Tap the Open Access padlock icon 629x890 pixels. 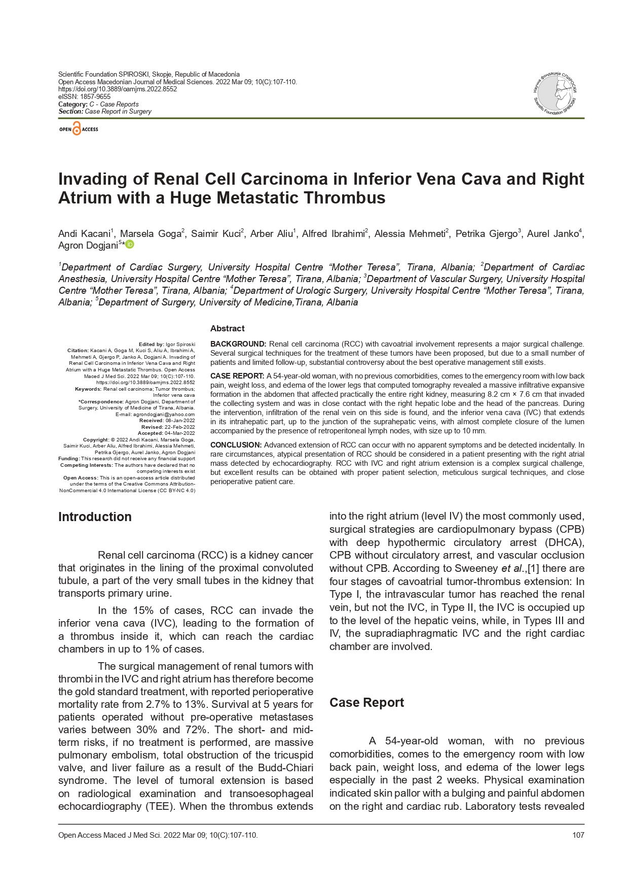[77, 129]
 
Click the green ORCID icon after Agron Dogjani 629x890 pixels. [130, 245]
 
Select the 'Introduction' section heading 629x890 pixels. [95, 517]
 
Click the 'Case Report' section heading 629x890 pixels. [366, 702]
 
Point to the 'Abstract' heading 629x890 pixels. [227, 328]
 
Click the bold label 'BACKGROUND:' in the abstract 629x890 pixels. [238, 344]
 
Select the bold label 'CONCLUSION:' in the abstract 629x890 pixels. [236, 445]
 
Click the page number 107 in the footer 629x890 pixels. [578, 835]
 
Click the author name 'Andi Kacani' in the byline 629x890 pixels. [84, 234]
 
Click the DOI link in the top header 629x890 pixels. [118, 89]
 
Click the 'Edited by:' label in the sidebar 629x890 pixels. [151, 344]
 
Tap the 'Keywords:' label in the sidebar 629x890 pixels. [88, 389]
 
